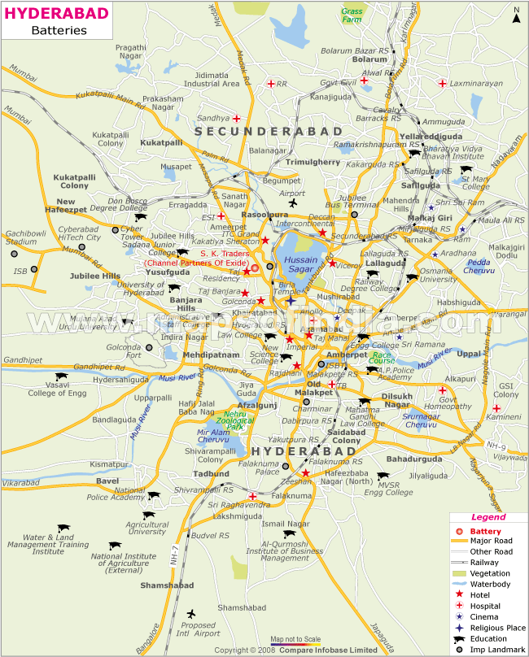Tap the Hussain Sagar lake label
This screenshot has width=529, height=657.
[300, 264]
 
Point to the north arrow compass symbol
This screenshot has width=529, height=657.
[516, 14]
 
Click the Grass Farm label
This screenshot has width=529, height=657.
[352, 17]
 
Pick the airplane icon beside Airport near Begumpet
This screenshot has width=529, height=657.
[294, 203]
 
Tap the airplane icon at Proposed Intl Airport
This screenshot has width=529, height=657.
[191, 613]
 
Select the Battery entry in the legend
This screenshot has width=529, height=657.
[486, 531]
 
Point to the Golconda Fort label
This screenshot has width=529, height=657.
[125, 351]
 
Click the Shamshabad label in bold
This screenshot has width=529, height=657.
[143, 585]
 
